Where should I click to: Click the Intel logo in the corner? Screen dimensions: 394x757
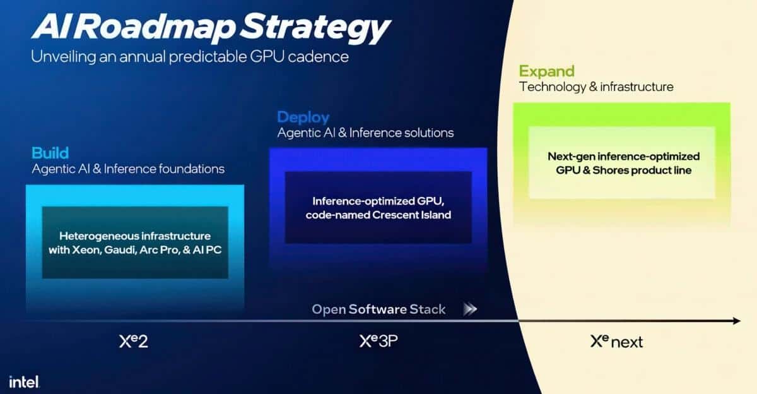click(x=24, y=381)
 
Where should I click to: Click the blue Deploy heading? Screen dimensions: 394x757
click(x=303, y=117)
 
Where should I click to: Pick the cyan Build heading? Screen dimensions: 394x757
click(x=50, y=153)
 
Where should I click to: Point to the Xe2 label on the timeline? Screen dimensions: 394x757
click(x=133, y=342)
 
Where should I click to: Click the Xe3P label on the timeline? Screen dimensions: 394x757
click(x=378, y=342)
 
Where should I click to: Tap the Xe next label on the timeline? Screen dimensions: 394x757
click(x=616, y=342)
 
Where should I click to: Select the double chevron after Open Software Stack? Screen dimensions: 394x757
click(x=470, y=309)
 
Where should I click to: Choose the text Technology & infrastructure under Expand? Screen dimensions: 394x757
click(x=596, y=87)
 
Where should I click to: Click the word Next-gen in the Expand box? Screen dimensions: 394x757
click(x=567, y=156)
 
